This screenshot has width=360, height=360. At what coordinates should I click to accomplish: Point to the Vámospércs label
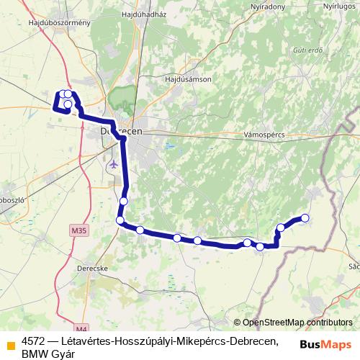266,135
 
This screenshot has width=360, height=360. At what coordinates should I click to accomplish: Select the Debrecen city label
122,132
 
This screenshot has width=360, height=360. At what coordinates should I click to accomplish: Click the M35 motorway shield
78,230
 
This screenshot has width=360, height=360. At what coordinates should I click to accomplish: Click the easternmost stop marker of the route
305,217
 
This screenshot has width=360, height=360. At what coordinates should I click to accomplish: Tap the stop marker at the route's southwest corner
120,220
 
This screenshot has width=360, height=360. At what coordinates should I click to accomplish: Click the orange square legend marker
10,343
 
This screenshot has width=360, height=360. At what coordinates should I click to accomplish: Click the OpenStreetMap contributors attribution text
297,323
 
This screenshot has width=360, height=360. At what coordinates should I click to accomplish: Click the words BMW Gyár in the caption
48,353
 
